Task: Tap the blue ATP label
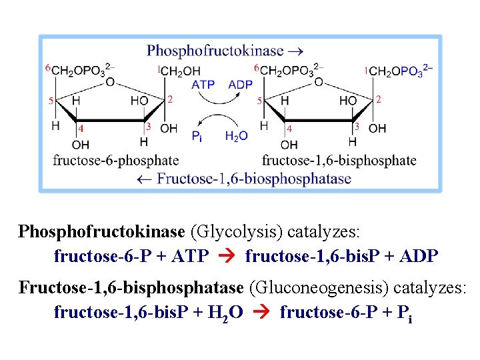coord(203,85)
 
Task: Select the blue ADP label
coord(240,85)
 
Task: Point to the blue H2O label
coord(236,136)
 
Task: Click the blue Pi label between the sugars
coord(197,137)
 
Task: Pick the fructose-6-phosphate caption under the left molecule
coord(115,160)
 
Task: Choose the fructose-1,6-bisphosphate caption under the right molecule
coord(339,160)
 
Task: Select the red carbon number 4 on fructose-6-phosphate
coord(81,128)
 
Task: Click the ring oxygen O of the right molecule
coord(319,82)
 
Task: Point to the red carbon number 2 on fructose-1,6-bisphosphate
coord(378,99)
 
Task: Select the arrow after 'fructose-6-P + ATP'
coord(227,256)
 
